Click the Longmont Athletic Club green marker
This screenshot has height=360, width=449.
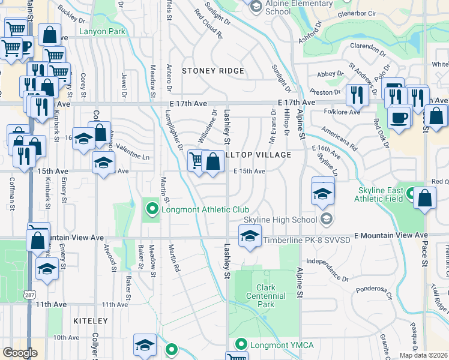152,209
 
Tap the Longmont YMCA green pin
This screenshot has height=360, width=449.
241,344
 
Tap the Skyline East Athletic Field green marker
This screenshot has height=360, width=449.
411,193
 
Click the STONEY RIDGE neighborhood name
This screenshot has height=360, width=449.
213,71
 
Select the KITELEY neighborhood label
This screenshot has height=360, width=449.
90,322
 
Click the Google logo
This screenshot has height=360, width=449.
20,353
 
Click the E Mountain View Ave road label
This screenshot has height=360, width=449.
391,235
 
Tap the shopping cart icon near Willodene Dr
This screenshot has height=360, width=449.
196,160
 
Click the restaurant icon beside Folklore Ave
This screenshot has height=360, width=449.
357,94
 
